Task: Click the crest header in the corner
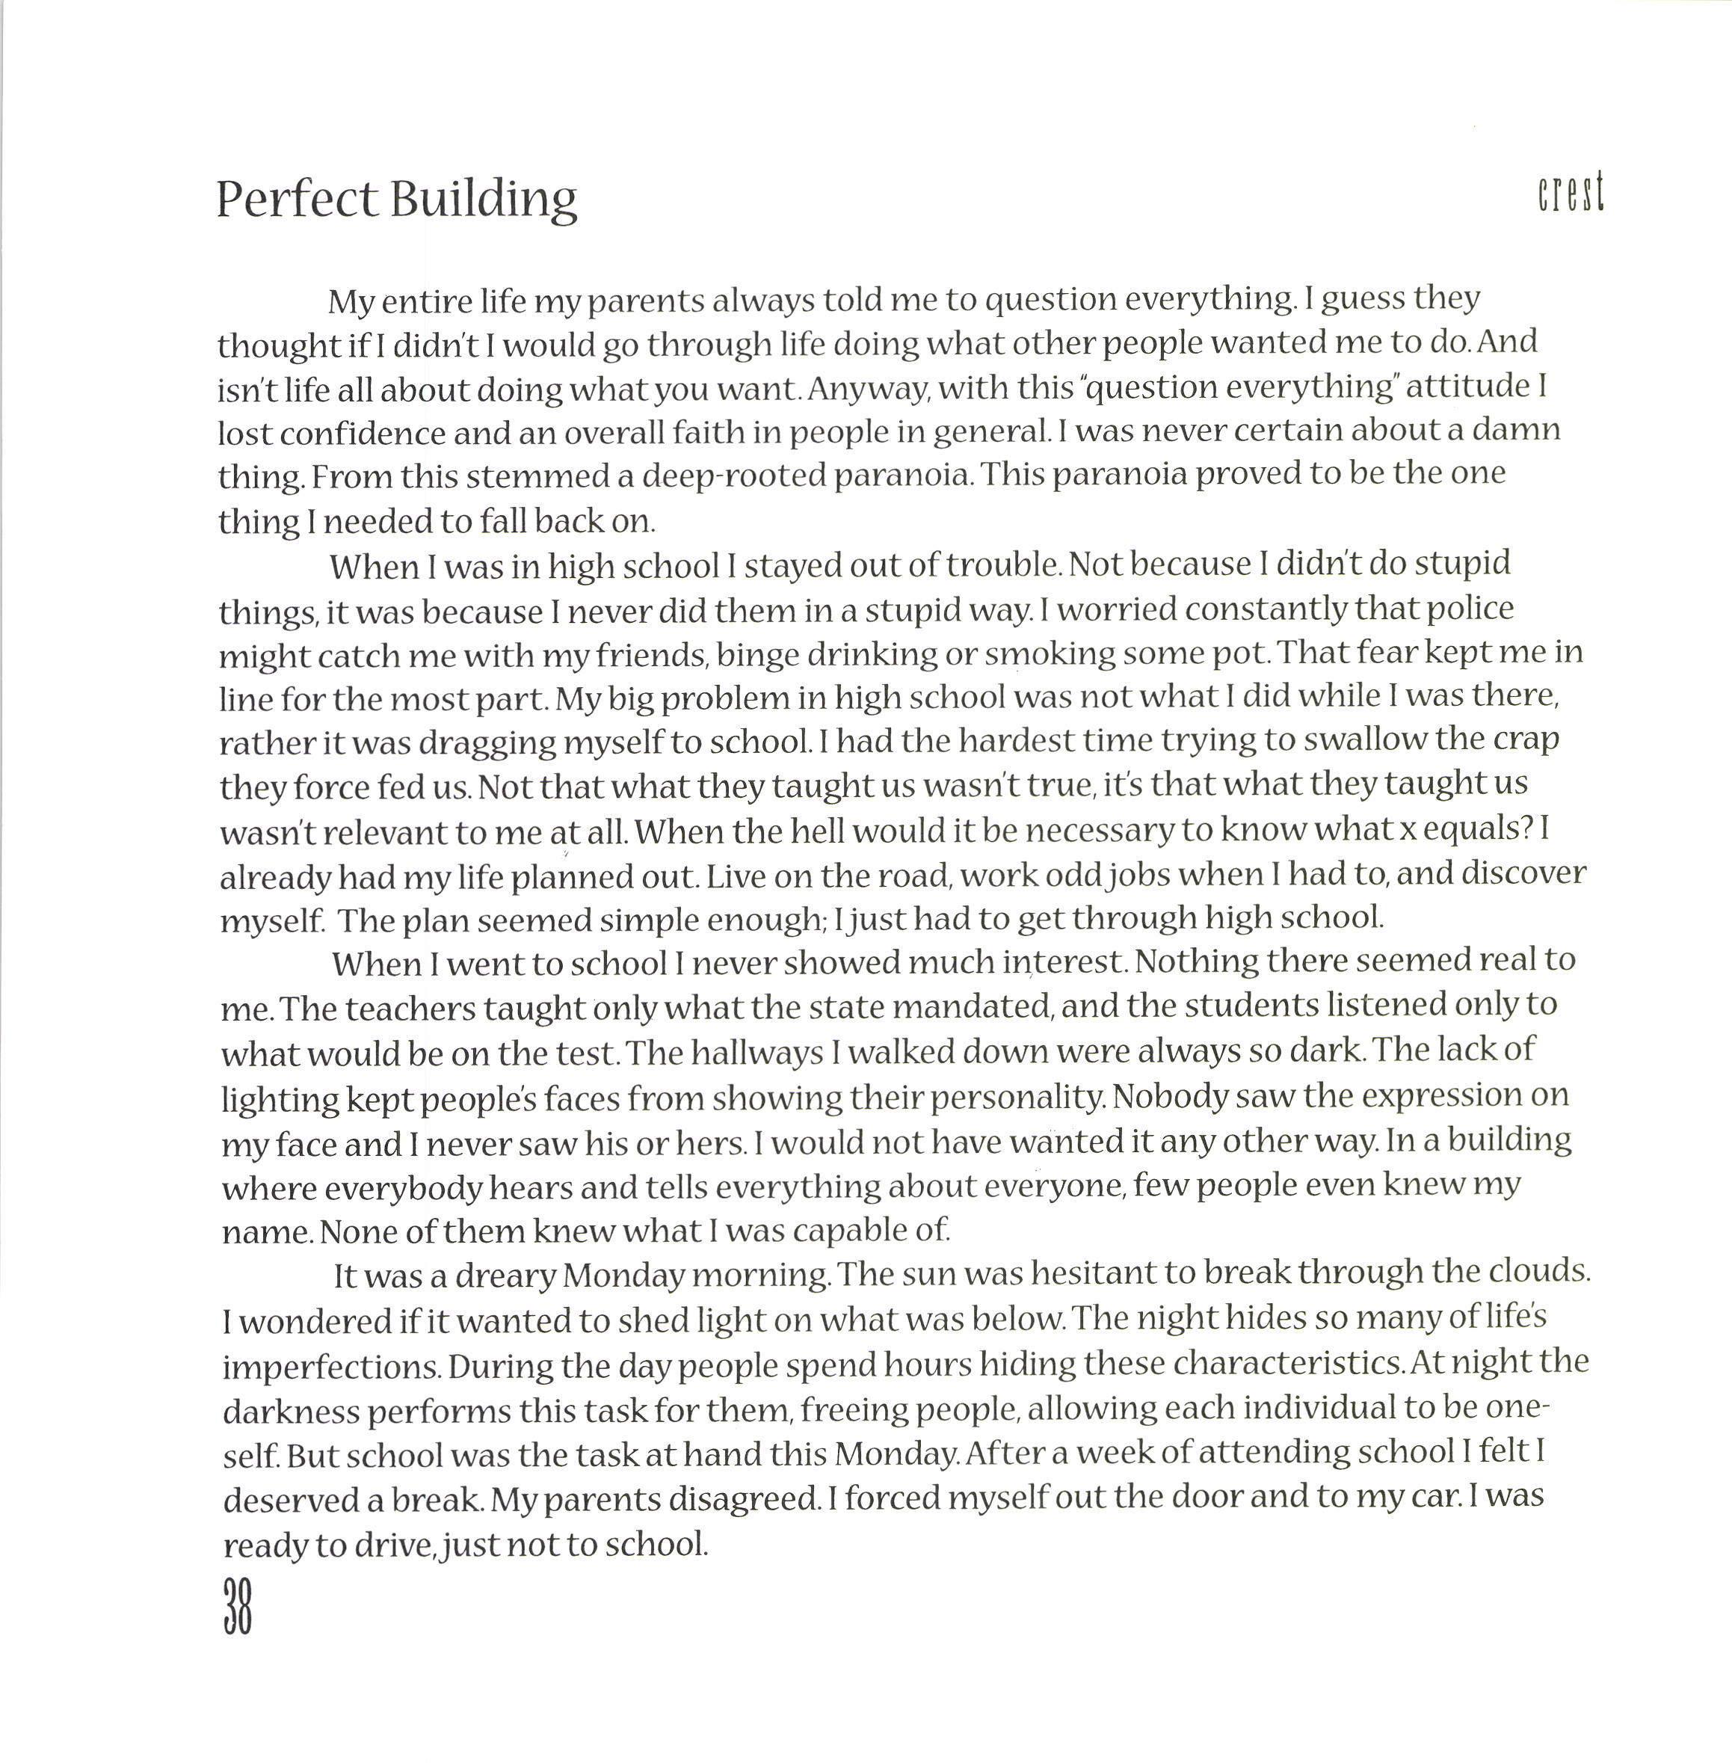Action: (x=1571, y=193)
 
